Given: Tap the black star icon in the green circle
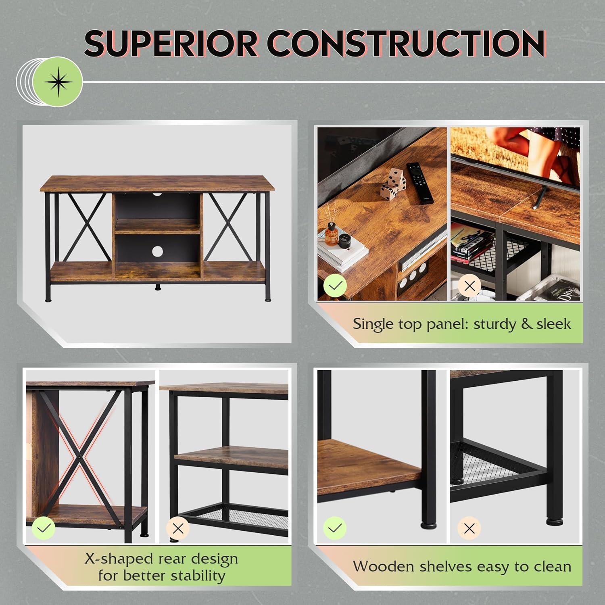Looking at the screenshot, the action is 59,82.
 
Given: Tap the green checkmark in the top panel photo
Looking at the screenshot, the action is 335,286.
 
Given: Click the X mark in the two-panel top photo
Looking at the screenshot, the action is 469,286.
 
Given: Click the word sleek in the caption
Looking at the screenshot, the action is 553,323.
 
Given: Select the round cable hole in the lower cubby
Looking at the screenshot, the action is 158,251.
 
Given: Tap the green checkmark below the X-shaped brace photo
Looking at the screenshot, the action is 43,528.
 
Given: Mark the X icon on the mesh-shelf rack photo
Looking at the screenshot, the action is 178,528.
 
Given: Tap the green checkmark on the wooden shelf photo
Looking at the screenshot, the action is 335,528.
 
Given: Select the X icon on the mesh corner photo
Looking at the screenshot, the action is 469,528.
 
